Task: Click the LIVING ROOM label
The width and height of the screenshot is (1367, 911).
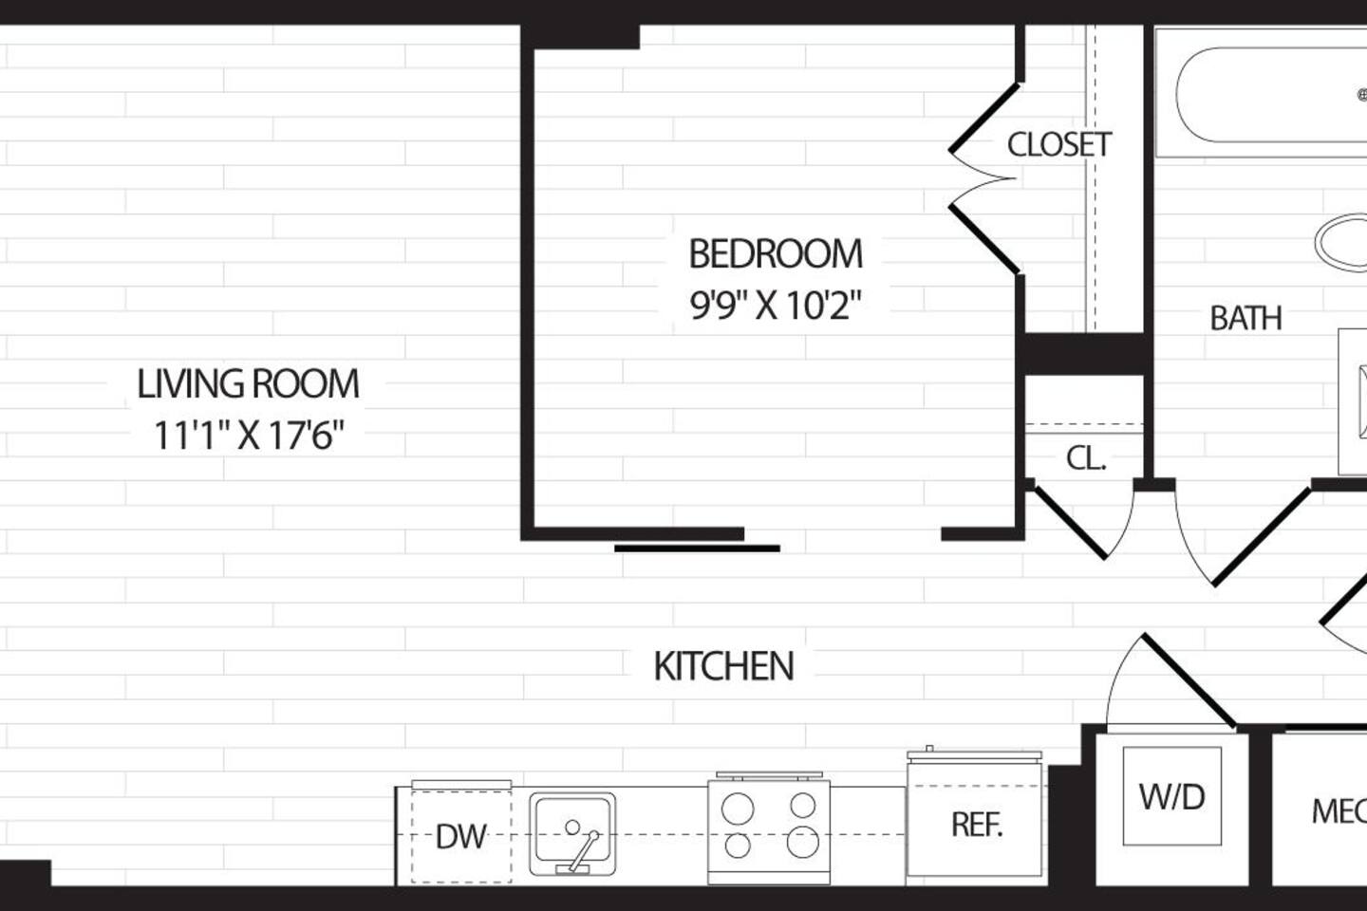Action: [x=248, y=384]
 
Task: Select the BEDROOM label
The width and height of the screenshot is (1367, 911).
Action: [x=776, y=254]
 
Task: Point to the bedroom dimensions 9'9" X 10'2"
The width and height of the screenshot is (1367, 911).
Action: [x=776, y=306]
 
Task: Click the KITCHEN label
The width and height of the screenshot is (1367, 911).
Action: [x=723, y=666]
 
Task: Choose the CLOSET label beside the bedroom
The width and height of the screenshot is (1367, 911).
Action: [x=1058, y=144]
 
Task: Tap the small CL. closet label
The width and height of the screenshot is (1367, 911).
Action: [x=1086, y=458]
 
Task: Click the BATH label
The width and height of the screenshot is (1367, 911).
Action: [x=1245, y=318]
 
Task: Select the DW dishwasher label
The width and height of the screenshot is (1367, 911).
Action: [x=460, y=837]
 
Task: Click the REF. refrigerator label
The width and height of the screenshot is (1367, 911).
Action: [x=977, y=825]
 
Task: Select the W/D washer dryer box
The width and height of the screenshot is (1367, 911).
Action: [x=1172, y=795]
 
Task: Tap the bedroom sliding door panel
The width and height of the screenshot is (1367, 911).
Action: [x=697, y=548]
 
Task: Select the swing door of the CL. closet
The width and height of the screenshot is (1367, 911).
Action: [x=1070, y=521]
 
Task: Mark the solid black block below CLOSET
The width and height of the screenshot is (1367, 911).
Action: [x=1083, y=353]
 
